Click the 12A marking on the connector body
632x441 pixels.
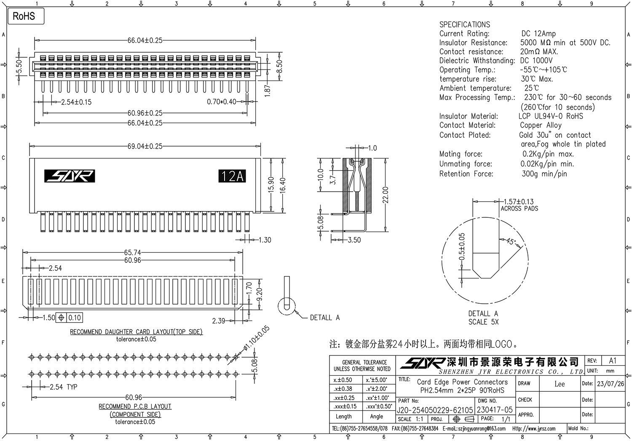232,176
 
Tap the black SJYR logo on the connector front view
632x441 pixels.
70,176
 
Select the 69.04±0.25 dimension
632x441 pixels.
145,147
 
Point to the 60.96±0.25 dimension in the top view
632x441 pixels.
145,113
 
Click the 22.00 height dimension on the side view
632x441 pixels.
385,195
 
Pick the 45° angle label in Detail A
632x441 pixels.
510,242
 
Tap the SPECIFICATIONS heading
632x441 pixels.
464,24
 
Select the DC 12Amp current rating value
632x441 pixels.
538,34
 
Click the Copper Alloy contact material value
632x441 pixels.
540,125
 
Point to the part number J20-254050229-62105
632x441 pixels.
435,410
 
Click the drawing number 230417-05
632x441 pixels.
495,410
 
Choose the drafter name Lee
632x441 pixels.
559,384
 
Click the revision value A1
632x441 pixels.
612,361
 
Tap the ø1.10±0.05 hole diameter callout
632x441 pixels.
256,339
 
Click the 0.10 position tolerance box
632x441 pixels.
75,318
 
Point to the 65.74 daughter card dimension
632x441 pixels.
132,253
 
